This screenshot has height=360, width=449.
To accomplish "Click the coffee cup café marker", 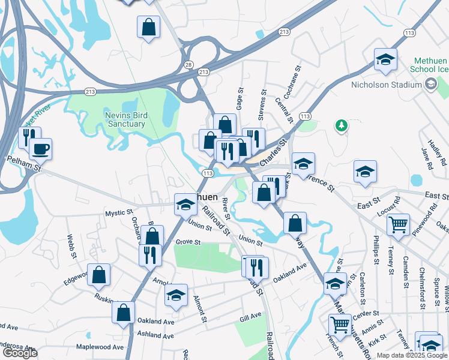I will [41, 148].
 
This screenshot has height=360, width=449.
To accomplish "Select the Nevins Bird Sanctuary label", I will [116, 119].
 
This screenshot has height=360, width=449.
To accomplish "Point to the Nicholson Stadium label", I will [387, 85].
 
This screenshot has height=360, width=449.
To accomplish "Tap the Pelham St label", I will [23, 161].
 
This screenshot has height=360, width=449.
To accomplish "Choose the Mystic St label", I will [118, 212].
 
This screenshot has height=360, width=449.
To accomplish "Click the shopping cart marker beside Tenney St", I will [398, 226].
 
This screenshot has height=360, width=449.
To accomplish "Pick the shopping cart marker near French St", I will [340, 325].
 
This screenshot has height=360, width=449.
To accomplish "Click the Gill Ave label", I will [250, 316].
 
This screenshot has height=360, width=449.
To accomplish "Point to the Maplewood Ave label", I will [100, 347].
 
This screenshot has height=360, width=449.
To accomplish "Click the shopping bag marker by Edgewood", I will [99, 275].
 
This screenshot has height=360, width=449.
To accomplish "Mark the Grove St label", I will [187, 242].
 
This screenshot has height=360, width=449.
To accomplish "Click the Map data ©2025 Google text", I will [412, 355].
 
